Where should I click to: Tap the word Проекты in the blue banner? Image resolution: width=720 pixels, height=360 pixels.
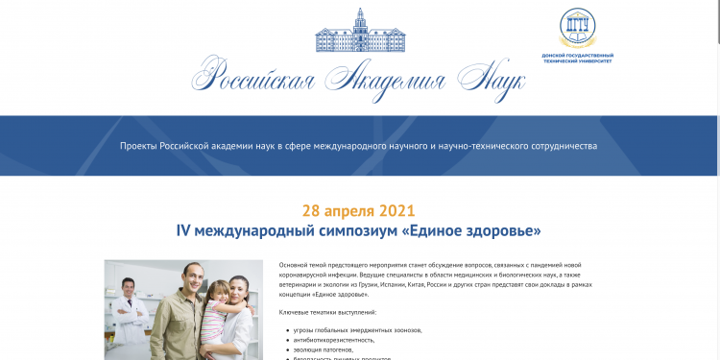[140, 146]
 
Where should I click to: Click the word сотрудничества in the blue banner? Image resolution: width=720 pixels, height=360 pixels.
[562, 146]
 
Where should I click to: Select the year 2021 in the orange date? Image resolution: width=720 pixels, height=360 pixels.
[398, 210]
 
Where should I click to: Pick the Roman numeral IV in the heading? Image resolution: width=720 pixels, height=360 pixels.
[185, 231]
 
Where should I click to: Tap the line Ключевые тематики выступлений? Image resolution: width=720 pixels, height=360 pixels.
[327, 313]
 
